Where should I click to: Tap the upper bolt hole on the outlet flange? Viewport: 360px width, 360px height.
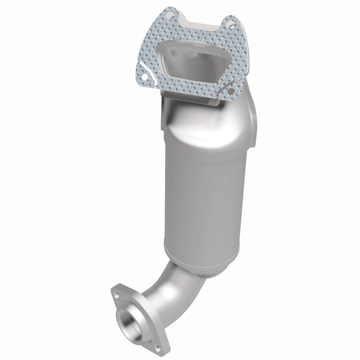(x=116, y=294)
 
